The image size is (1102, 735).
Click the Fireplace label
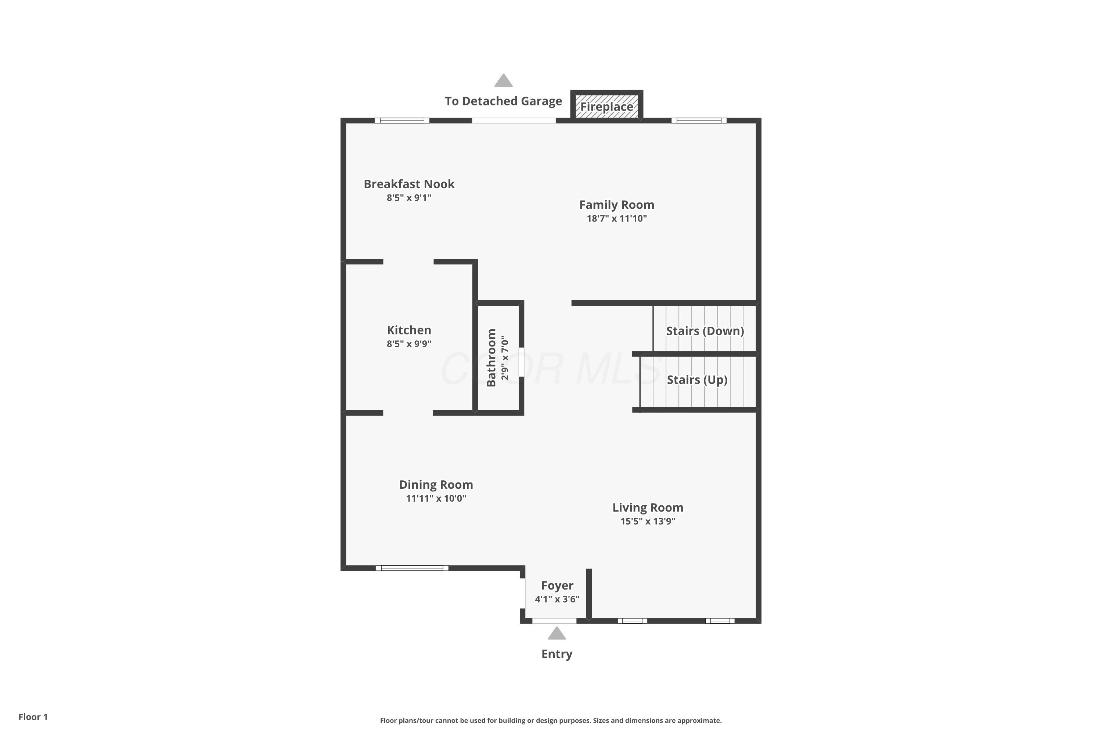pos(607,107)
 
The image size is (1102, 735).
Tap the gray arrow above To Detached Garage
pos(503,80)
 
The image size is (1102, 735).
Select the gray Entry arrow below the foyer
pos(557,633)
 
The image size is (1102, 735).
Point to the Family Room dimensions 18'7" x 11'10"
pos(617,218)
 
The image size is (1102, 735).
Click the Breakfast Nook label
pos(409,184)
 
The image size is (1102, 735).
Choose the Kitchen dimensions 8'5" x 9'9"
pos(409,344)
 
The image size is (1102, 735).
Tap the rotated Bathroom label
pos(491,358)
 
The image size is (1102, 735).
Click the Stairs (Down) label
pos(705,331)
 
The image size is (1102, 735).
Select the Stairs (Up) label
pos(697,380)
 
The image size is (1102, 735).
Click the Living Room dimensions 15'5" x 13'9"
pos(648,521)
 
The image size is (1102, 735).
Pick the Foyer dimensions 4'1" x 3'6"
pos(557,599)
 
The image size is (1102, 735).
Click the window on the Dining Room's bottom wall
pos(412,568)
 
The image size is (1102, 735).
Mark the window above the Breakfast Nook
pos(402,121)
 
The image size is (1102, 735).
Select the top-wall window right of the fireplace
pos(699,121)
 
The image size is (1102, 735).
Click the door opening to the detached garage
pos(514,121)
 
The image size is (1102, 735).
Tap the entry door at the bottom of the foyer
pos(554,621)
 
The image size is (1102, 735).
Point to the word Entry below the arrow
pos(557,655)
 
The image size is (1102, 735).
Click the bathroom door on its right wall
pos(522,362)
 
